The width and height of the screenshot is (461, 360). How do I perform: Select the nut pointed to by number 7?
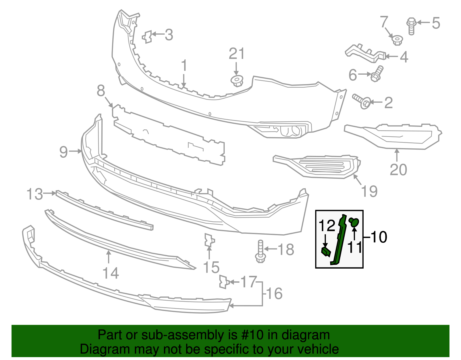[x=397, y=40]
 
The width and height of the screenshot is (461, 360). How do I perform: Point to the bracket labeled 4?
[x=365, y=53]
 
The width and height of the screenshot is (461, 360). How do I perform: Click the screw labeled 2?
[x=362, y=101]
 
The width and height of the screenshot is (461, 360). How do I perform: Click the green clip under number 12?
[x=326, y=252]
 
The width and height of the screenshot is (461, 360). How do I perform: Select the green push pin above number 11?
[x=354, y=222]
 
